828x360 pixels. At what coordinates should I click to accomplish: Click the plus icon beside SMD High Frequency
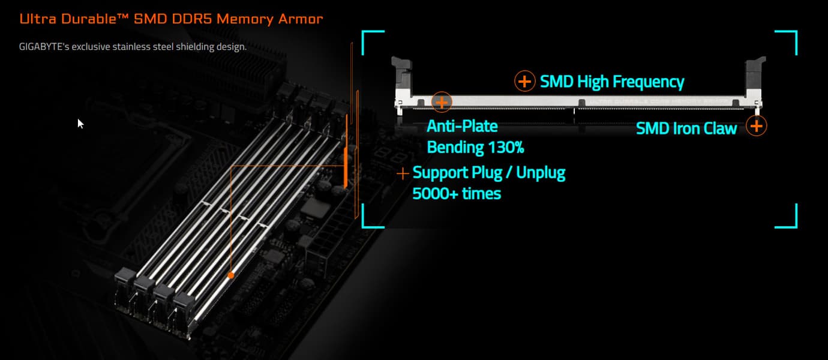point(524,81)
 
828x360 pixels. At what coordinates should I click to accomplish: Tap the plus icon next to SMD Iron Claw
point(757,126)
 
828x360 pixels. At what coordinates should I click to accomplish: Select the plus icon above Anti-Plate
point(442,102)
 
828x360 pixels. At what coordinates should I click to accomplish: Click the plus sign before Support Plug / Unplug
point(403,173)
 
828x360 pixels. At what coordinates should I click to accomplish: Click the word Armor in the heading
point(301,19)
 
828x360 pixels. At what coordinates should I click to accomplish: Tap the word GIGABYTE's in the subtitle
point(44,46)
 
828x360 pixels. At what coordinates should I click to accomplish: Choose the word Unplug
point(541,173)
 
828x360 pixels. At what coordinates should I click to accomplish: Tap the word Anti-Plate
point(462,127)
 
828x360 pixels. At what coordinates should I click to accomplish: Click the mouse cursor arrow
point(80,123)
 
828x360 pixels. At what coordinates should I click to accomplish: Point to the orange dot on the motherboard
point(230,275)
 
